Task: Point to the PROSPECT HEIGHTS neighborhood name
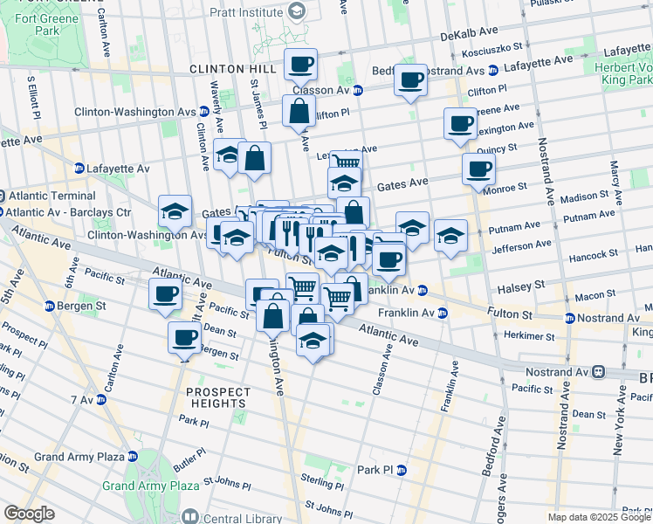click(217, 397)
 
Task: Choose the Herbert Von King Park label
click(623, 72)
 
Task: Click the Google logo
click(29, 514)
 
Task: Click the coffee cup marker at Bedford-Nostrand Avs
click(409, 80)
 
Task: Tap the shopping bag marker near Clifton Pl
click(299, 112)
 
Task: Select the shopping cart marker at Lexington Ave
click(346, 163)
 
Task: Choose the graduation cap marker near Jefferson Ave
click(450, 236)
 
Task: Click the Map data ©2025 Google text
click(599, 517)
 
